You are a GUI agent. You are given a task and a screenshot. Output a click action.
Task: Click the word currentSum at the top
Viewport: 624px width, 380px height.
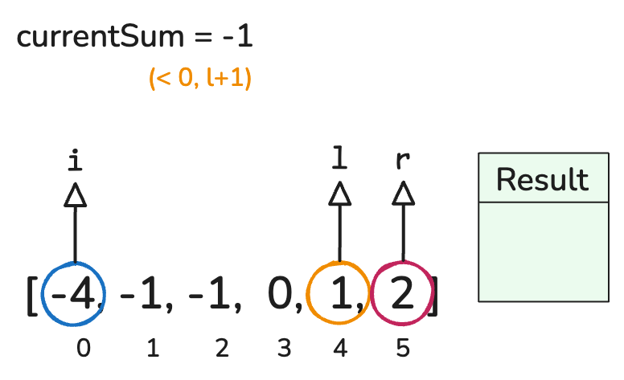[101, 37]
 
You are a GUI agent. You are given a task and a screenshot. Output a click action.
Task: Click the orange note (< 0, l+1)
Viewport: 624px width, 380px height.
[199, 77]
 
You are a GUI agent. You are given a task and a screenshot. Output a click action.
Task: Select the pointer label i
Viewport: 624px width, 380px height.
[75, 160]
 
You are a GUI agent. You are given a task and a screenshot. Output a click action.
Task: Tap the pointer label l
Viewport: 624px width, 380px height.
[339, 157]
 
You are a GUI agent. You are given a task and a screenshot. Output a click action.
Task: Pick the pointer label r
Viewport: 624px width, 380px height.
[403, 160]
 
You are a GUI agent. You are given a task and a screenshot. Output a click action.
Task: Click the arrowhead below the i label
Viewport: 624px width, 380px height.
[76, 194]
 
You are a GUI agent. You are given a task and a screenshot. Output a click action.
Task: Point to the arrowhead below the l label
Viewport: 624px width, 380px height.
[339, 194]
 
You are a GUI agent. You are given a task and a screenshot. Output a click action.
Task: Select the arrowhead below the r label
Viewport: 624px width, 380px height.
[403, 194]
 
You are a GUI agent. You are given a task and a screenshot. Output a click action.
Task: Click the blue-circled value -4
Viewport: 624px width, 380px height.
[74, 294]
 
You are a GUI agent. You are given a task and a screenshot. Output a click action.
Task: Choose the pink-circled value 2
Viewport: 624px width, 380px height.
[402, 293]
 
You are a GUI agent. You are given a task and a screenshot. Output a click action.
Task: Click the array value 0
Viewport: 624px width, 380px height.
[280, 293]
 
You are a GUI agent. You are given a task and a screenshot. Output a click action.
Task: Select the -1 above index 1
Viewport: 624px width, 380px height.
[141, 294]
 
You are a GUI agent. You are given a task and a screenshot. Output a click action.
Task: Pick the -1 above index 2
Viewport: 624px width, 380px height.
[209, 294]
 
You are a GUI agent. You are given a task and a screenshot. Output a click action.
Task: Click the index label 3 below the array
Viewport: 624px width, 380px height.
[284, 348]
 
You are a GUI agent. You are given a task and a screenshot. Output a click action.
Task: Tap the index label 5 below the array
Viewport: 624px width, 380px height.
[403, 348]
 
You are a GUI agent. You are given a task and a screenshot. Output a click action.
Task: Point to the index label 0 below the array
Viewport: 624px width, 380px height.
[83, 348]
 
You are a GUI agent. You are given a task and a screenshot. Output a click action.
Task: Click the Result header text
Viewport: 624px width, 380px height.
[543, 180]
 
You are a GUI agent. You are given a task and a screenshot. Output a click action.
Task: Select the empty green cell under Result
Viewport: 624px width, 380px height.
[544, 252]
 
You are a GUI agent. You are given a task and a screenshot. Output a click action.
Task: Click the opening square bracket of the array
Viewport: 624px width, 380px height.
[32, 296]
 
